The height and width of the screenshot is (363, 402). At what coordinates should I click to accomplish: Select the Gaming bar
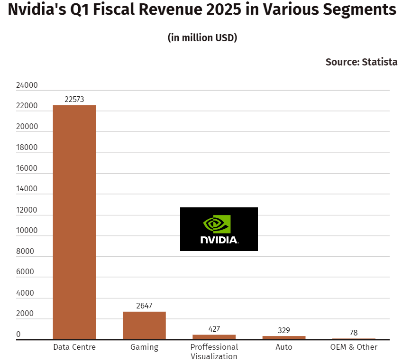[x=144, y=326]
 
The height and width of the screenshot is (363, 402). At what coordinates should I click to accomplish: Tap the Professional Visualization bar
[x=214, y=337]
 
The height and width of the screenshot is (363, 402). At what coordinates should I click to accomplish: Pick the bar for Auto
[x=284, y=337]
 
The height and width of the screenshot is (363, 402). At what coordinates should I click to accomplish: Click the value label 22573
[x=74, y=99]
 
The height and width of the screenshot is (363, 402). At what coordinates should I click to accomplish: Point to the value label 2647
[x=144, y=306]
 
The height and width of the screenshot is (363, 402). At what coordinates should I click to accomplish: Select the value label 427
[x=214, y=329]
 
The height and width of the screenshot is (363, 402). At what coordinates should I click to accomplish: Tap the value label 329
[x=284, y=330]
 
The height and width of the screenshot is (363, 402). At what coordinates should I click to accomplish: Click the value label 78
[x=354, y=333]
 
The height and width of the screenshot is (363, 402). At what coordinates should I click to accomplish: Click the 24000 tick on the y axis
[x=27, y=86]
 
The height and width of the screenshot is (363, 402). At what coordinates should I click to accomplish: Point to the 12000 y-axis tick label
[x=27, y=210]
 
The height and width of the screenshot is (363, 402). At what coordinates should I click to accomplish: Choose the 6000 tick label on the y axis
[x=25, y=272]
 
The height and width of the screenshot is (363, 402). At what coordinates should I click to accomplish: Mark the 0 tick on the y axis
[x=18, y=335]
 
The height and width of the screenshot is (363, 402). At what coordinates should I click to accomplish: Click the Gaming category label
[x=144, y=347]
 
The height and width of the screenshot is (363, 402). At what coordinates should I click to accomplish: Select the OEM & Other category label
[x=354, y=347]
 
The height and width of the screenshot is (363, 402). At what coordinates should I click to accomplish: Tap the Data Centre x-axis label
[x=74, y=347]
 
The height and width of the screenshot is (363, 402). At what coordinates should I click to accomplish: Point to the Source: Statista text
[x=361, y=62]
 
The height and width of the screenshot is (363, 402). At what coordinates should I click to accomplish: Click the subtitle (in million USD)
[x=202, y=38]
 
